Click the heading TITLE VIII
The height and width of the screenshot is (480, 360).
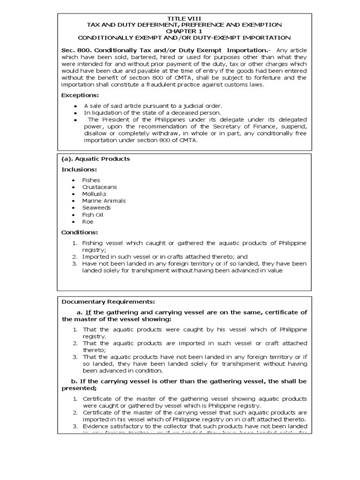184,18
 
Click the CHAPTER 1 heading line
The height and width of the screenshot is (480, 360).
184,31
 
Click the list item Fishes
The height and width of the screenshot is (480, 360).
91,180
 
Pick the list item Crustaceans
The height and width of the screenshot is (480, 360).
99,187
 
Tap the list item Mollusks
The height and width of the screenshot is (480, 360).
94,194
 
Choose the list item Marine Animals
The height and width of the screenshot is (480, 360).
104,201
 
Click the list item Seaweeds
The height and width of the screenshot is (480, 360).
96,208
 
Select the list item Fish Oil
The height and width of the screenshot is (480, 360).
92,215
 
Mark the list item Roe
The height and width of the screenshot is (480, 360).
88,222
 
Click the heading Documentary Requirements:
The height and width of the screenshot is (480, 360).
108,301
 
